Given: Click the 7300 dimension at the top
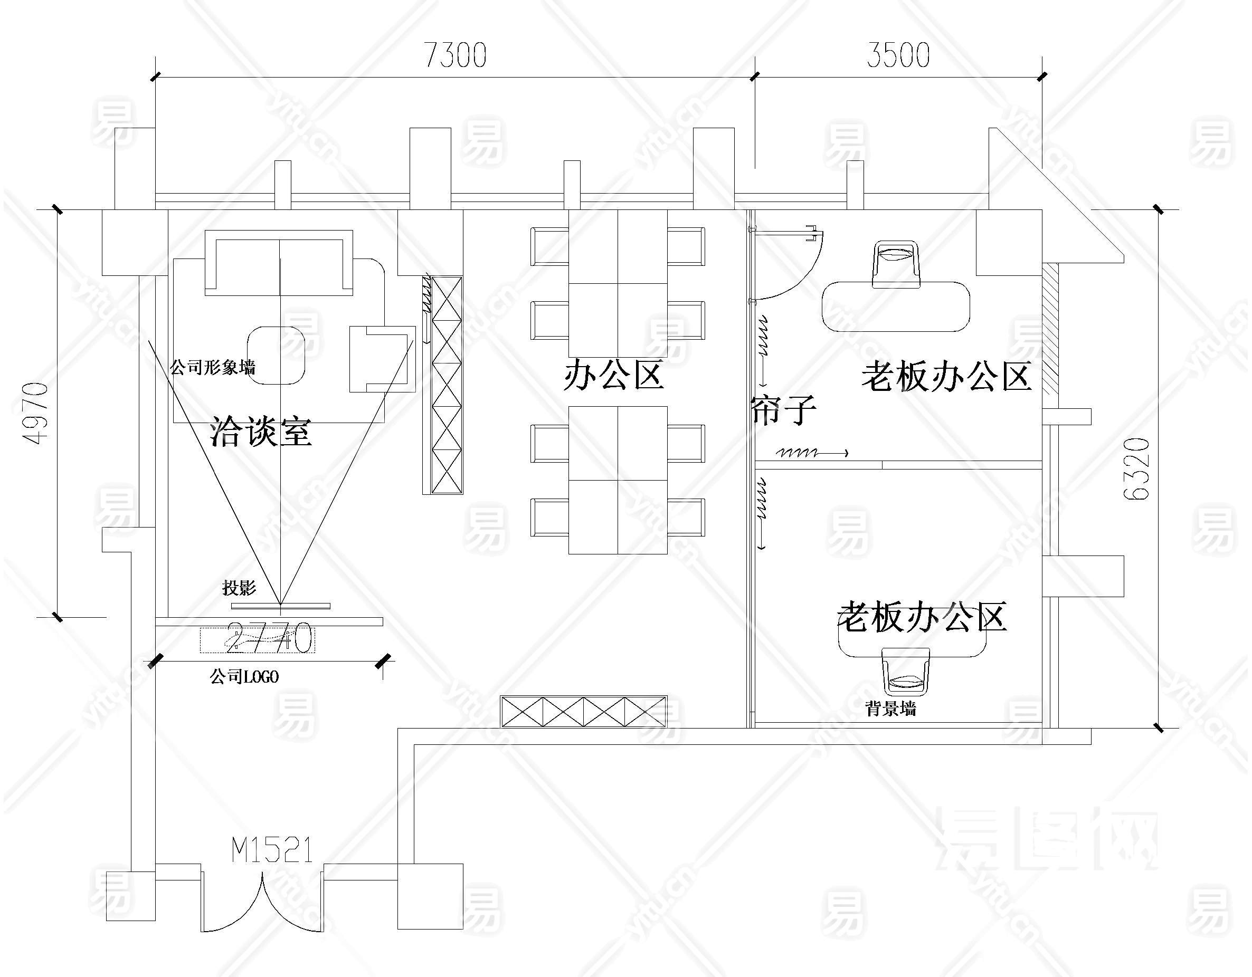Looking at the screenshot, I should pos(455,55).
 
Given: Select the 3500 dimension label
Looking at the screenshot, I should pos(898,55).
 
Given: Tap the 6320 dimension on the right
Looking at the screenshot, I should pos(1137,469).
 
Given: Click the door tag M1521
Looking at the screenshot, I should pos(272,850).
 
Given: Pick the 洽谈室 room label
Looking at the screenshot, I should pos(261,431).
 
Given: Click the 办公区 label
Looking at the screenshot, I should pos(613,375).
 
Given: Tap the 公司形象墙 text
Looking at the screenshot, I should pos(213,367).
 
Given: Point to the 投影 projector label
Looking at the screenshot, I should pos(239,587).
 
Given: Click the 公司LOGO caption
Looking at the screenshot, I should pos(244,677).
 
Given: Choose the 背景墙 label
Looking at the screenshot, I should pos(891,710).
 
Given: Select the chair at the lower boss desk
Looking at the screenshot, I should pos(906,672).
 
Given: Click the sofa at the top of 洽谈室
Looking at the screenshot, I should pos(279,262).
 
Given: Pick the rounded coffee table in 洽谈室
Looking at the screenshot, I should pos(276,355).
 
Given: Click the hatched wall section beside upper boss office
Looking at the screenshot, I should pos(1050,328).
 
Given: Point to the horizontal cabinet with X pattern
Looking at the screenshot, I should pos(584,711).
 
